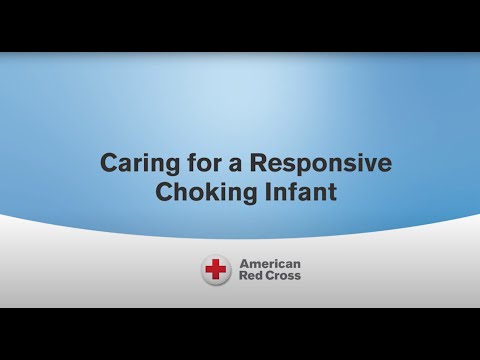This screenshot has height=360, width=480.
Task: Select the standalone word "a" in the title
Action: pyautogui.click(x=224, y=164)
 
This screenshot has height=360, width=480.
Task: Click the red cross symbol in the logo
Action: pyautogui.click(x=215, y=269)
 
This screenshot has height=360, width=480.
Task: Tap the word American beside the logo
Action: pyautogui.click(x=269, y=263)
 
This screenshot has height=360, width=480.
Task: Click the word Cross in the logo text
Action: pyautogui.click(x=282, y=276)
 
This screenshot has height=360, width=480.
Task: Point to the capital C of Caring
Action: pyautogui.click(x=109, y=163)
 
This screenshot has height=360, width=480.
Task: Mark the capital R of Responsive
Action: pyautogui.click(x=246, y=163)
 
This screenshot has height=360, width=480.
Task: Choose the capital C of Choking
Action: pyautogui.click(x=164, y=192)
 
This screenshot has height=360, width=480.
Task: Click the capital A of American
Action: pyautogui.click(x=243, y=263)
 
